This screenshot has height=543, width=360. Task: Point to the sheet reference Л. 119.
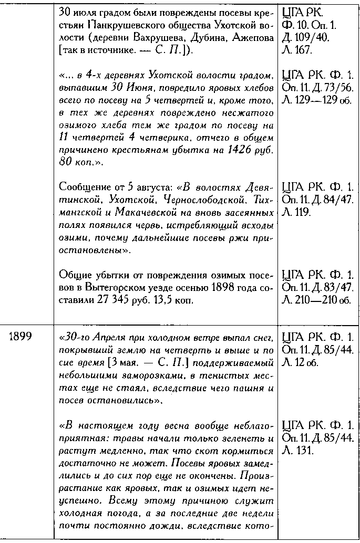296,213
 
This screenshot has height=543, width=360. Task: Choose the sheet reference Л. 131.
296,451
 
